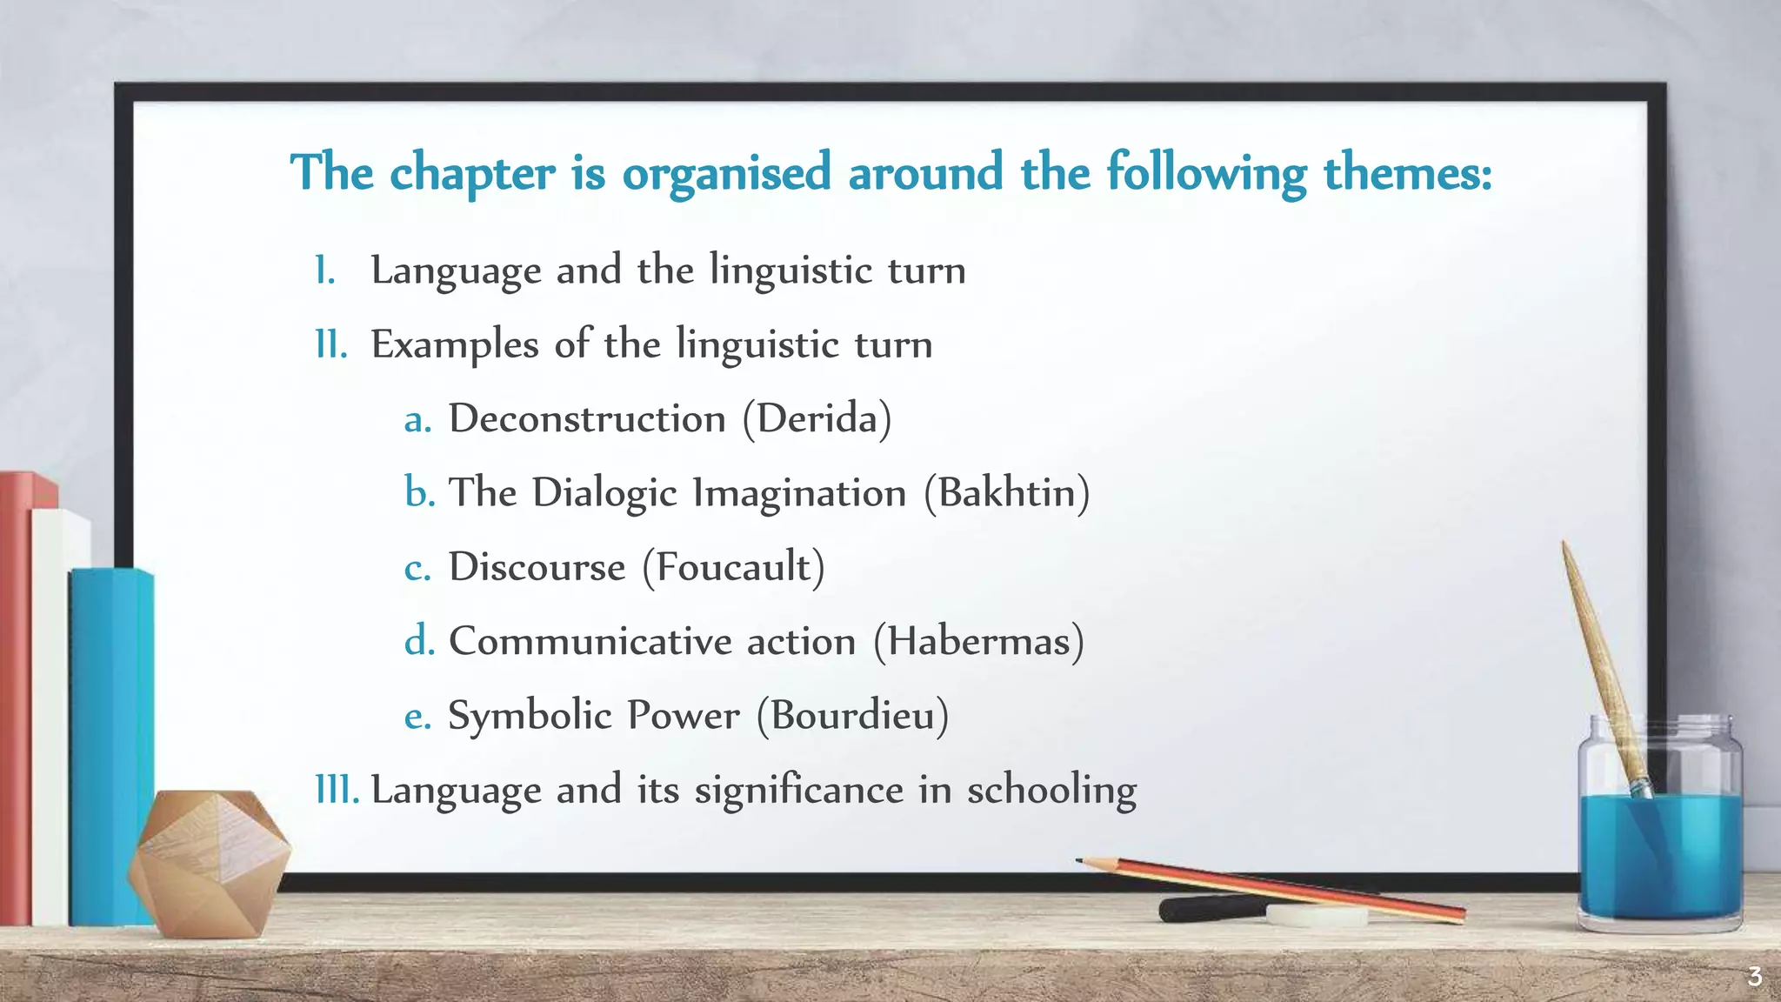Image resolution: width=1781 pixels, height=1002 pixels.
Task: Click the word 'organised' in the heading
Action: pos(727,172)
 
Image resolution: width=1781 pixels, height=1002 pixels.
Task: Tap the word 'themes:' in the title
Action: pos(1407,172)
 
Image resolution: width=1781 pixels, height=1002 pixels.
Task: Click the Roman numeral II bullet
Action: pos(330,344)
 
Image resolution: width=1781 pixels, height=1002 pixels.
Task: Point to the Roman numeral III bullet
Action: pos(337,790)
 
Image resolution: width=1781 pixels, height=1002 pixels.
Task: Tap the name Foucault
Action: pos(733,567)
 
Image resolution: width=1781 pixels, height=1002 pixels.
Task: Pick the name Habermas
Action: pos(978,642)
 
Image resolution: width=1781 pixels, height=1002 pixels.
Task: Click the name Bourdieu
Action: pos(852,716)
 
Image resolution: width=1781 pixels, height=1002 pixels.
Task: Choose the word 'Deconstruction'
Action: pos(587,419)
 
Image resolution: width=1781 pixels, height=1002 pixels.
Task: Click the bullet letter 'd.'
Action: pos(419,642)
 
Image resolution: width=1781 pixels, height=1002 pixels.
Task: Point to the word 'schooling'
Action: pos(1051,790)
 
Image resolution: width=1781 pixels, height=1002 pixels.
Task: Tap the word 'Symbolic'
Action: pos(530,716)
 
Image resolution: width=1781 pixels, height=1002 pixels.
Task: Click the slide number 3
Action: pos(1754,977)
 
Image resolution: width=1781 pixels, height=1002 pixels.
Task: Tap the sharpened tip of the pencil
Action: pos(1081,861)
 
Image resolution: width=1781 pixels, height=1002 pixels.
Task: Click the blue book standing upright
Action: pos(110,739)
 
